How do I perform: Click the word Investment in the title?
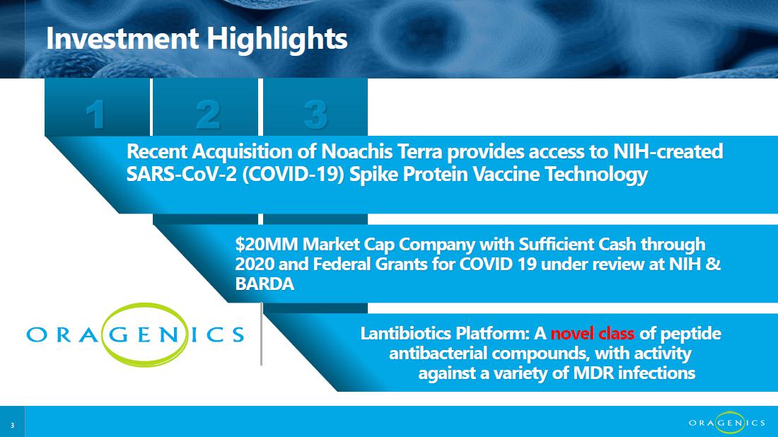122,38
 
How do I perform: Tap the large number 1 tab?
97,107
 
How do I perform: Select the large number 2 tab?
205,107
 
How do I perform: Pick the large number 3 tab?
315,107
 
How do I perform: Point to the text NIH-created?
668,151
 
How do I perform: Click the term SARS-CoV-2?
182,174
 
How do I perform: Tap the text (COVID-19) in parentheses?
294,175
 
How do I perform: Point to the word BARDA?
265,284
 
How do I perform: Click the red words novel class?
593,333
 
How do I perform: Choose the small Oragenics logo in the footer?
727,423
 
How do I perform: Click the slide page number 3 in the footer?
13,426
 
